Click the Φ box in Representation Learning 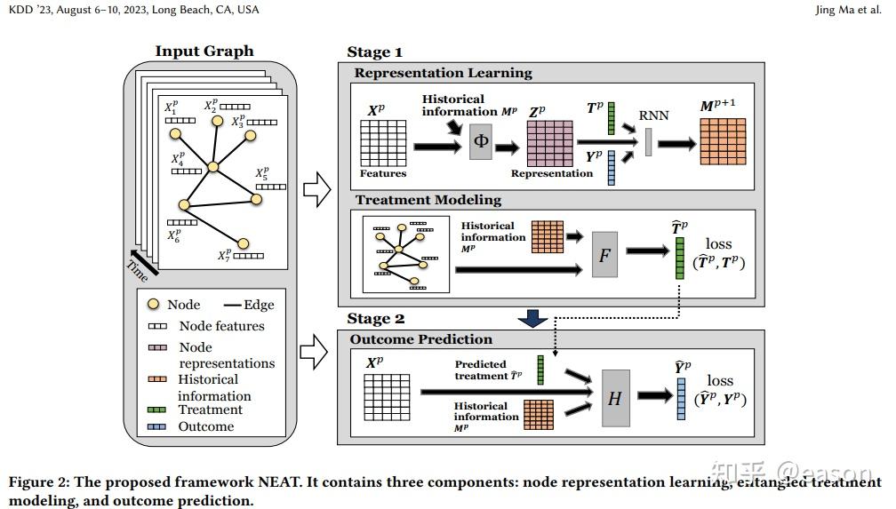pyautogui.click(x=480, y=141)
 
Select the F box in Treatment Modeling pyautogui.click(x=604, y=256)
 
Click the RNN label pyautogui.click(x=654, y=115)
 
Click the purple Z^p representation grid pyautogui.click(x=550, y=144)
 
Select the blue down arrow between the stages pyautogui.click(x=533, y=317)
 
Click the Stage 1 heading pyautogui.click(x=374, y=52)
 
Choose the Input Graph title pyautogui.click(x=204, y=51)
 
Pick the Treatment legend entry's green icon pyautogui.click(x=157, y=410)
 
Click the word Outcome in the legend pyautogui.click(x=206, y=426)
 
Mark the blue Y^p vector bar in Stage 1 pyautogui.click(x=612, y=168)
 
